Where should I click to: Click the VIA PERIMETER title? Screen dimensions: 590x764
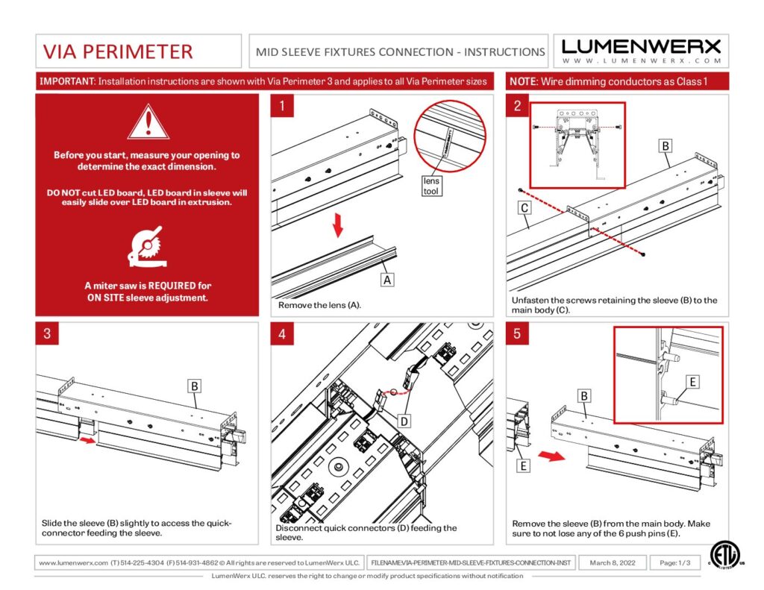coord(118,51)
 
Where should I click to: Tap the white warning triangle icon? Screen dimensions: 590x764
coord(148,122)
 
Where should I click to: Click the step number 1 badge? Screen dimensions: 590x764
coord(282,107)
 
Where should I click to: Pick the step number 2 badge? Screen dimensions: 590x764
coord(517,106)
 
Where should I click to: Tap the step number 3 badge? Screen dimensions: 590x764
coord(47,333)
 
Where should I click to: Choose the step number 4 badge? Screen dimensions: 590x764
coord(282,333)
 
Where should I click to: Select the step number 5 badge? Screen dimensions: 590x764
coord(517,333)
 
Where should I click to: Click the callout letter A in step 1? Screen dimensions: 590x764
coord(386,280)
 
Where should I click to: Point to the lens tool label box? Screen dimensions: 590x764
coord(432,186)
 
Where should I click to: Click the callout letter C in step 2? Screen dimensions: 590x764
coord(525,209)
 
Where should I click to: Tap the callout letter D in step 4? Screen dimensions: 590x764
coord(404,421)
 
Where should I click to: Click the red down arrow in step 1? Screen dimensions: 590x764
coord(339,225)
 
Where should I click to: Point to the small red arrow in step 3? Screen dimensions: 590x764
coord(88,440)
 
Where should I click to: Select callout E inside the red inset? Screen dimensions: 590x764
coord(692,382)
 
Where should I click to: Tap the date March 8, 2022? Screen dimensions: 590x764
coord(613,562)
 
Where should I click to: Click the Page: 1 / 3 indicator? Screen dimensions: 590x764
coord(670,562)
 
